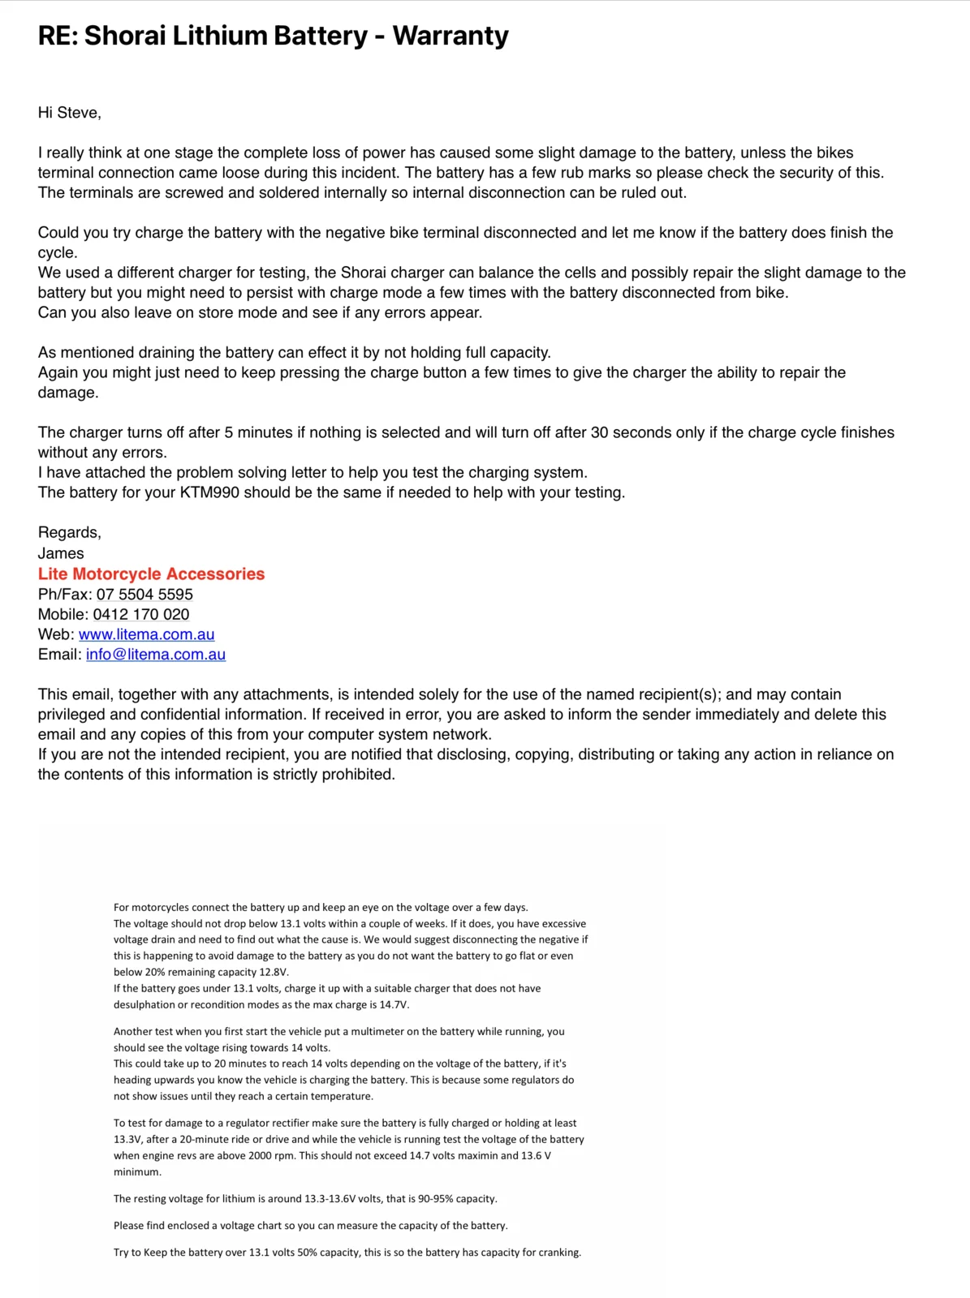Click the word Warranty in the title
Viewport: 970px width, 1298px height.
451,36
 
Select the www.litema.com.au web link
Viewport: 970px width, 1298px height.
146,634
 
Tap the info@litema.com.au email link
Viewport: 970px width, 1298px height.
156,655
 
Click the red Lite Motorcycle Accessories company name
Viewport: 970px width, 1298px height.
151,574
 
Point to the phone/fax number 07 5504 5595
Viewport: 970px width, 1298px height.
144,595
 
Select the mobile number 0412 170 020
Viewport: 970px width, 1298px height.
141,615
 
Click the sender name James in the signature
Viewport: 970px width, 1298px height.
61,553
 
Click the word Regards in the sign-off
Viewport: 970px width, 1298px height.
68,533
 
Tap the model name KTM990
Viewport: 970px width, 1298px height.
209,493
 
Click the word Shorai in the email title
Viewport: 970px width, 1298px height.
124,36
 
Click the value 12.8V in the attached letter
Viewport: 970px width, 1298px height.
274,972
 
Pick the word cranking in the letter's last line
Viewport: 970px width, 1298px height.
559,1253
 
